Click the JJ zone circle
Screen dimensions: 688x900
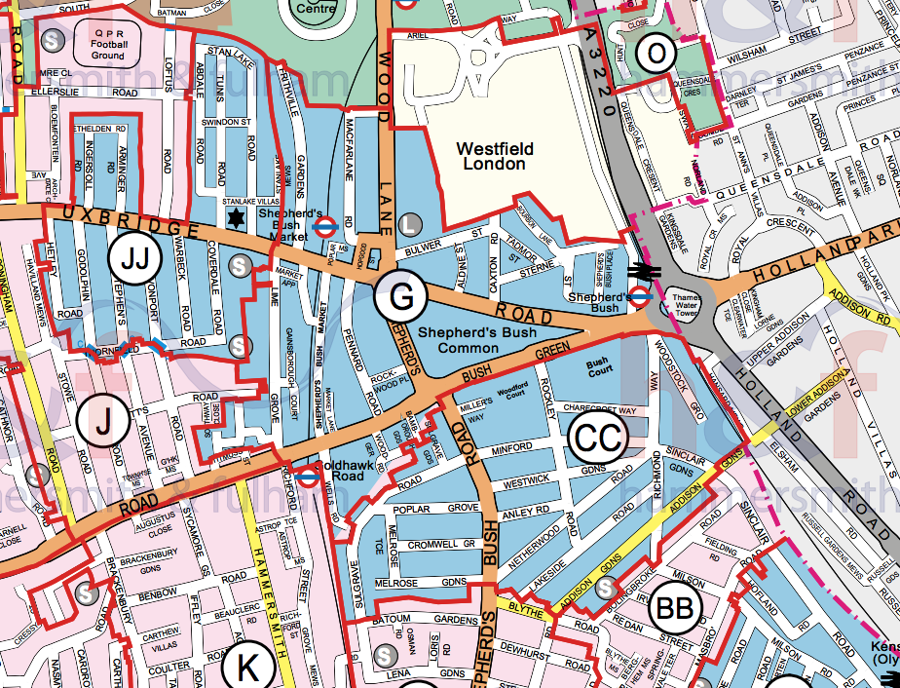134,259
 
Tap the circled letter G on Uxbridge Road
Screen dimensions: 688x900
401,298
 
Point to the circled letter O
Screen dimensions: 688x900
656,54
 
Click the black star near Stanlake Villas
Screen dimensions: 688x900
234,216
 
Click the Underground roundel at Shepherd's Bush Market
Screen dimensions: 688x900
327,227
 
